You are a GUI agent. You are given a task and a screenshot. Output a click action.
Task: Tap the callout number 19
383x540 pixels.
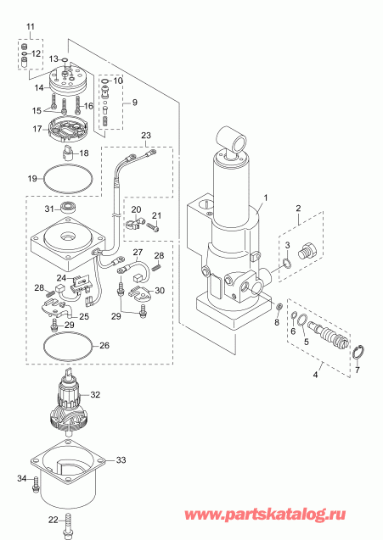31,179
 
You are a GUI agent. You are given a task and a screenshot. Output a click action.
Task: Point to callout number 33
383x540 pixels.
121,460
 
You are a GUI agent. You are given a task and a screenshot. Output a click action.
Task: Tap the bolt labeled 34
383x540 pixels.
37,487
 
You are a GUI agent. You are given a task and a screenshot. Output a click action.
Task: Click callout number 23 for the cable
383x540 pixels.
145,136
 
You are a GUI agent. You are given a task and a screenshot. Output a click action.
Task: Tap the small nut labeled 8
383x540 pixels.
280,305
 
